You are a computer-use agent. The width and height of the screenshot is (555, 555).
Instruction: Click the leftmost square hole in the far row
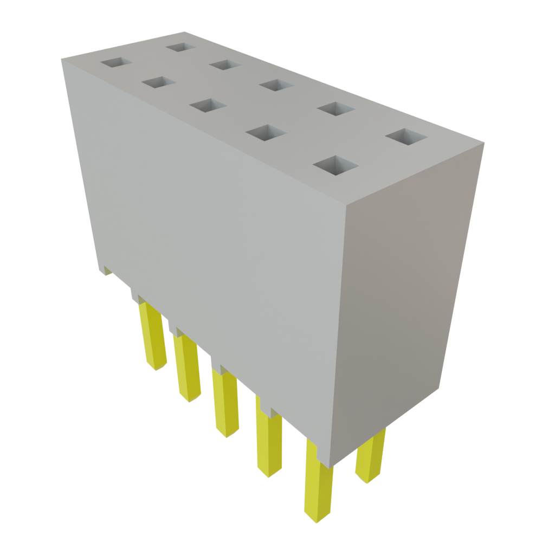[x=180, y=47]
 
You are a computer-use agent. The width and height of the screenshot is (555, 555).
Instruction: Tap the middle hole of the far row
[x=276, y=85]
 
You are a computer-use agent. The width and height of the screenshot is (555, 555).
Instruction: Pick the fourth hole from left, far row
[x=335, y=108]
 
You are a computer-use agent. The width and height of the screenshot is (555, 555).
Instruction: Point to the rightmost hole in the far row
[x=406, y=137]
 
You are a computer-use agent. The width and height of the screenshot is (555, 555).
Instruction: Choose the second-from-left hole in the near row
[x=158, y=82]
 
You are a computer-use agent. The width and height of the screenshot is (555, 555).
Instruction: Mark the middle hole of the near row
[x=208, y=105]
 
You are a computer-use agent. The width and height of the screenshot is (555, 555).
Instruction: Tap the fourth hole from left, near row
[x=266, y=132]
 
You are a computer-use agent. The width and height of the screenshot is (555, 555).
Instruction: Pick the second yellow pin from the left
[x=187, y=369]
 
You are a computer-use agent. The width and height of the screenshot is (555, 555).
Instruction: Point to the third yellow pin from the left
[x=225, y=404]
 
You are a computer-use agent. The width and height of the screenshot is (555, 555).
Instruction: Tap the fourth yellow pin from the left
[x=269, y=443]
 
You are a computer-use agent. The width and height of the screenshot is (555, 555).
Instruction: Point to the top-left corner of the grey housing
[x=62, y=59]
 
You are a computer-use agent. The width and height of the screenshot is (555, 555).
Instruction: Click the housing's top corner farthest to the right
[x=485, y=143]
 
